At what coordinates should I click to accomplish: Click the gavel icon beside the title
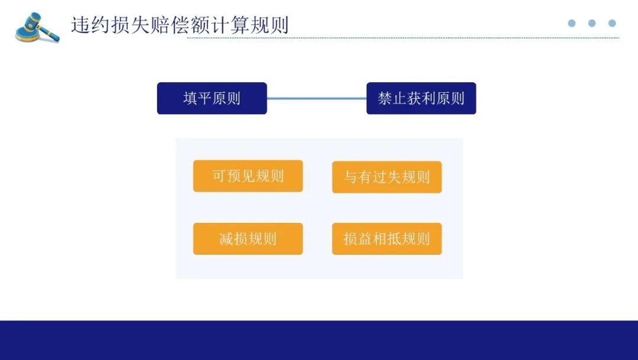37,27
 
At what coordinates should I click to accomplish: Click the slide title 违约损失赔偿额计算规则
180,25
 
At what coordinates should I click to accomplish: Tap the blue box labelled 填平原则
212,98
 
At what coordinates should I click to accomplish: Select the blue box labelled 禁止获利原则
421,98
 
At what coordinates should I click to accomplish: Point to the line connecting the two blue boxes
317,98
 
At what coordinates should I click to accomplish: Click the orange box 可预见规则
248,176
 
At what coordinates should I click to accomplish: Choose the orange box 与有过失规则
387,177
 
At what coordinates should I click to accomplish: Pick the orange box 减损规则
248,239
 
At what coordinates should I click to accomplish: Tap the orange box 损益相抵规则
387,239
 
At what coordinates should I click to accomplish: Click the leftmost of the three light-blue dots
572,23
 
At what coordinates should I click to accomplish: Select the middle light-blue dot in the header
592,23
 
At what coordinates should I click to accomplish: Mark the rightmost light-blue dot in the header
612,23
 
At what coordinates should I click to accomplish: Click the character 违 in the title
80,25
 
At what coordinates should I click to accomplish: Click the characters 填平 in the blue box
197,99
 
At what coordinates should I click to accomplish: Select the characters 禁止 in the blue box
392,99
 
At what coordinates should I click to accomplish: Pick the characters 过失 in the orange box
387,177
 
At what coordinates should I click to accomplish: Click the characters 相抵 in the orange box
387,239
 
